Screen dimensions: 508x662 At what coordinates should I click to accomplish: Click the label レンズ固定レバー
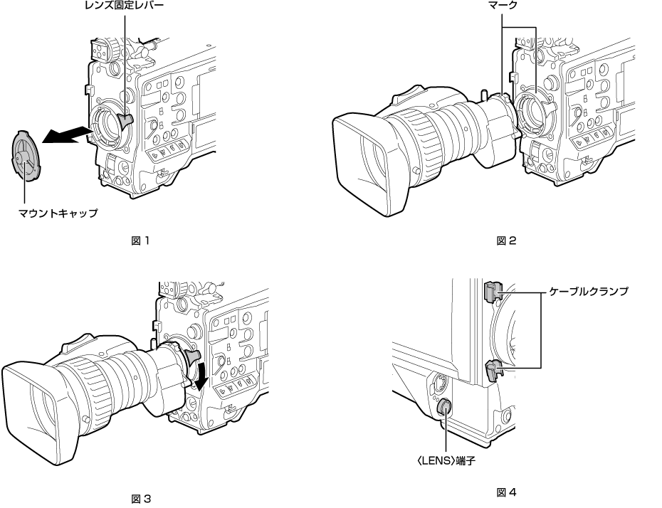point(125,8)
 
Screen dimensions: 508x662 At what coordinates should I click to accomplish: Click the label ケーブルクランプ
point(588,291)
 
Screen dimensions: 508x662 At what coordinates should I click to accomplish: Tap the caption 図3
point(141,498)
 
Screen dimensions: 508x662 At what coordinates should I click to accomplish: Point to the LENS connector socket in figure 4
point(444,406)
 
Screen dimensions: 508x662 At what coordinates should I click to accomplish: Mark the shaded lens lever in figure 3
point(191,358)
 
